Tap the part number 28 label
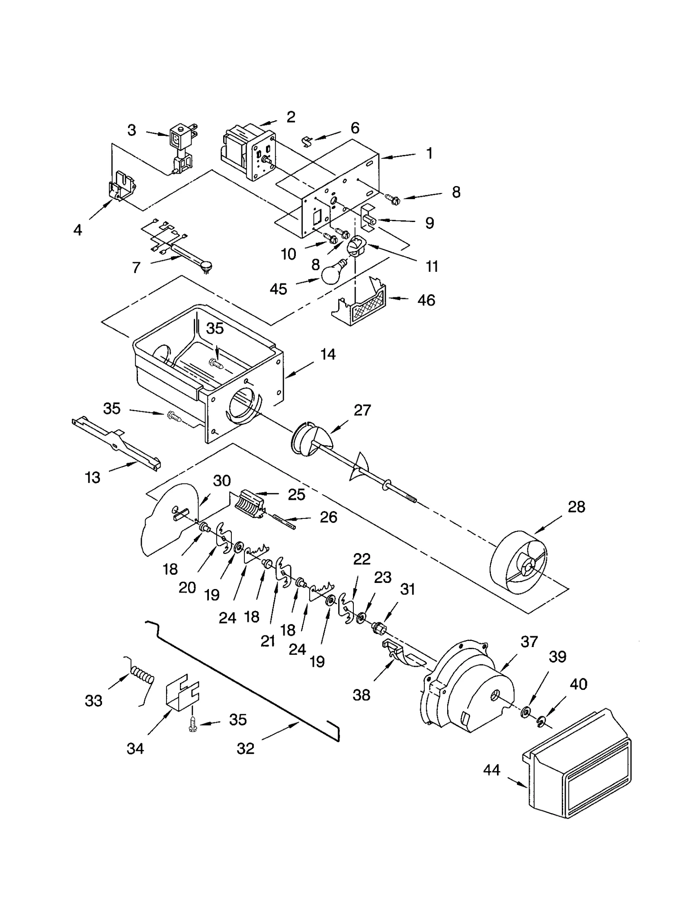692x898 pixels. coord(576,507)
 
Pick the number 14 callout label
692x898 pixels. coord(328,354)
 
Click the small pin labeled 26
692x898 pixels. coord(284,521)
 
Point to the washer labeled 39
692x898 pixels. coord(526,711)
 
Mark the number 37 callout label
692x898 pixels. coord(529,641)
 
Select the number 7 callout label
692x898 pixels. coord(136,267)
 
